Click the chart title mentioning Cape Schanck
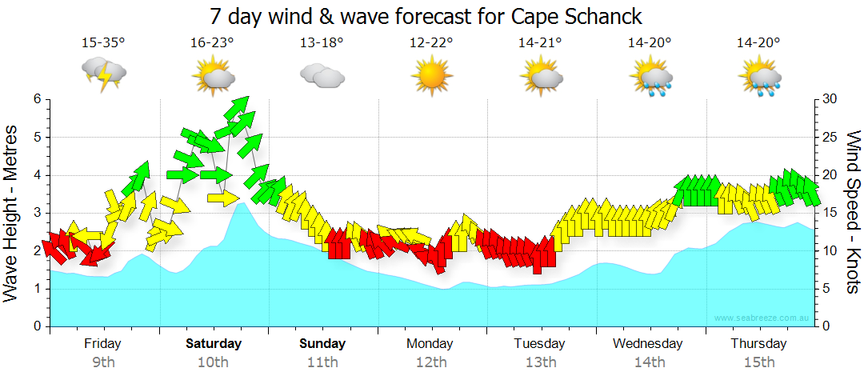coord(426,16)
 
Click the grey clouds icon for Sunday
coord(322,76)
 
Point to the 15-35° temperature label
coord(103,43)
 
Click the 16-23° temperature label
coord(212,43)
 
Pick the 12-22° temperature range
coord(430,43)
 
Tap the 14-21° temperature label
coord(540,43)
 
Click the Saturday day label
coord(214,344)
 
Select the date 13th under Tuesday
coord(541,362)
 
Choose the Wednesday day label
coord(648,344)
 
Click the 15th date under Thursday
coord(758,362)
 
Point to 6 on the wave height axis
coord(36,99)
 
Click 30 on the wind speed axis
coord(830,99)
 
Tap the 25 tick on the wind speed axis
coord(830,137)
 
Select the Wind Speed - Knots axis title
coord(851,212)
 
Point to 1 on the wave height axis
coord(36,289)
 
